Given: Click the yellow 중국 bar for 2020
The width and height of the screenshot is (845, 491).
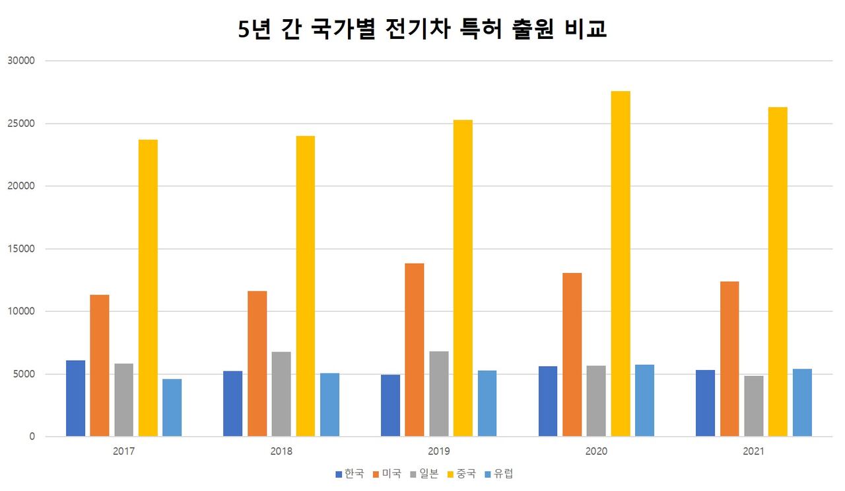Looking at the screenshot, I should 621,264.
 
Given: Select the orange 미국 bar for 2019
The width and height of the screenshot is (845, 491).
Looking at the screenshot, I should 415,350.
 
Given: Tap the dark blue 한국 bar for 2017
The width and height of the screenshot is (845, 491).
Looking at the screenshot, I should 76,398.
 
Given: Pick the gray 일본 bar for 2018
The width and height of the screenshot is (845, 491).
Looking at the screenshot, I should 281,394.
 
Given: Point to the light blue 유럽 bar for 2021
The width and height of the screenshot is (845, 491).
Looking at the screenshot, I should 802,402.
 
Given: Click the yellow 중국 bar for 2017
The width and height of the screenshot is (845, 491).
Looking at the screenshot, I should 148,287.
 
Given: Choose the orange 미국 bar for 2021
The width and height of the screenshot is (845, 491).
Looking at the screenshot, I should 729,359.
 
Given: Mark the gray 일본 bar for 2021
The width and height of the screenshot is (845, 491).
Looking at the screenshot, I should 754,406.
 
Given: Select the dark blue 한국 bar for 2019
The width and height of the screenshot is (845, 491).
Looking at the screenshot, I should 391,405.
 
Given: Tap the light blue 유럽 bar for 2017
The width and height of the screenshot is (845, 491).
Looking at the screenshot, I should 172,407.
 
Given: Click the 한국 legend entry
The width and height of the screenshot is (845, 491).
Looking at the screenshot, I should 350,474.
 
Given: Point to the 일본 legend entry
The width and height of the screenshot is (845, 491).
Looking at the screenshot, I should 423,474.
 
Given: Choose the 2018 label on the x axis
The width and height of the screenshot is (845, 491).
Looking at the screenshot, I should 281,451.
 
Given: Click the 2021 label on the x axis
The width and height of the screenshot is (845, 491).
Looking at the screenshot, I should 754,451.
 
